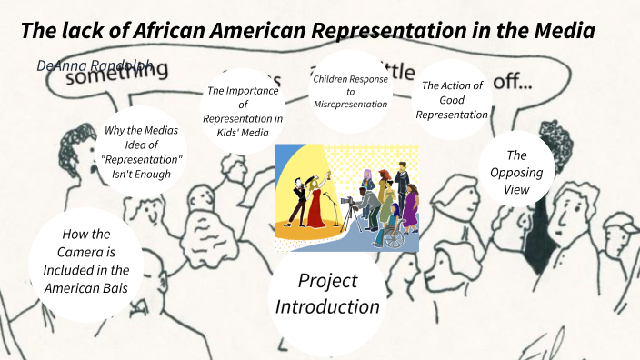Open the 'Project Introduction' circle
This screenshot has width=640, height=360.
(x=327, y=294)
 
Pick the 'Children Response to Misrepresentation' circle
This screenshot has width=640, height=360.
(x=349, y=92)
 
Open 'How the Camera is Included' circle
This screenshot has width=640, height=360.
(x=85, y=260)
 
